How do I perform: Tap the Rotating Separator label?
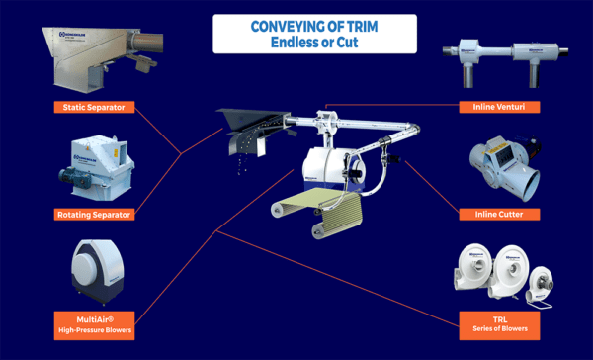click(x=94, y=214)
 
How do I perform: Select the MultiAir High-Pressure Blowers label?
click(x=94, y=322)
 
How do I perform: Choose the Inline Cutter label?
click(x=499, y=214)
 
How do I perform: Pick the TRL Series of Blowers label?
click(x=499, y=322)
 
